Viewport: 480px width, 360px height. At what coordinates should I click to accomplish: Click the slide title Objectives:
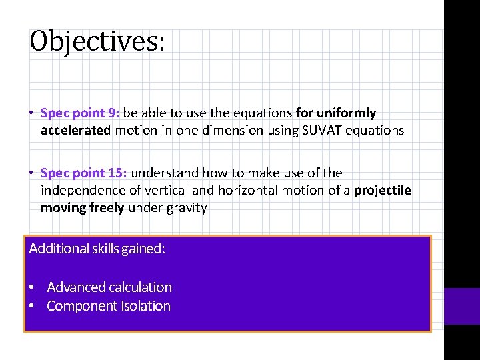[x=97, y=41]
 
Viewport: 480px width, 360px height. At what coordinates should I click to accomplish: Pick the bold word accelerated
[x=75, y=131]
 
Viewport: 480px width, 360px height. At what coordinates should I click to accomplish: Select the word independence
[x=82, y=191]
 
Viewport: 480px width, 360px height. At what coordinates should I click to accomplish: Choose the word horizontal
[x=243, y=191]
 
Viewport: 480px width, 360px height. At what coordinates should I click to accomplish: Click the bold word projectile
[x=382, y=191]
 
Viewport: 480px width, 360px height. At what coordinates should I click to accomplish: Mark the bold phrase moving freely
[x=82, y=208]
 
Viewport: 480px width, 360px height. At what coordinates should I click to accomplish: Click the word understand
[x=161, y=173]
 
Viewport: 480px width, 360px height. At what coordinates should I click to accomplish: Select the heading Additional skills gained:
[x=97, y=249]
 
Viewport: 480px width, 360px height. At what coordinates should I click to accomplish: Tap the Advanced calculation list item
[x=109, y=287]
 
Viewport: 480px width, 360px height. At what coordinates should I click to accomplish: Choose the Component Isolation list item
[x=109, y=306]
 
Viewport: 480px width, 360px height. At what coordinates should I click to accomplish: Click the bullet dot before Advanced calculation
[x=31, y=288]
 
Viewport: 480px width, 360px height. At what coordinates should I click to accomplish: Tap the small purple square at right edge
[x=462, y=306]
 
